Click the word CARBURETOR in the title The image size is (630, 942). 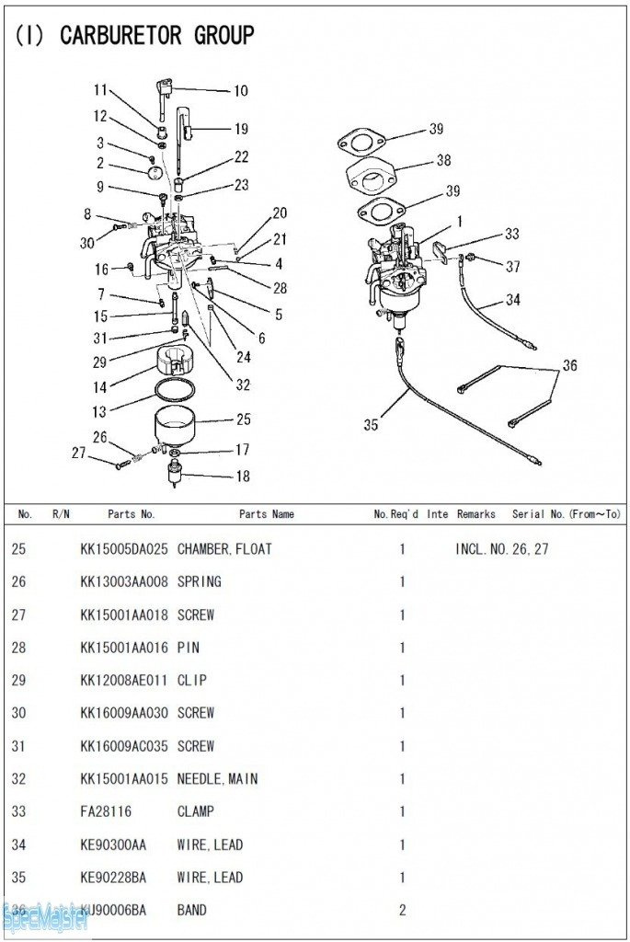coord(121,36)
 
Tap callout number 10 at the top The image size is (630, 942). coord(240,91)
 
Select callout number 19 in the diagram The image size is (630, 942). coord(241,129)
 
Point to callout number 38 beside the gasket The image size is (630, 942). coord(443,160)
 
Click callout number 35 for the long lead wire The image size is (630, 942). coord(371,425)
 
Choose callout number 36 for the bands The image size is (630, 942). coord(569,364)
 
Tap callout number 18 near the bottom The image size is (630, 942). coord(243,477)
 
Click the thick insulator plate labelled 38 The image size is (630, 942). coord(372,175)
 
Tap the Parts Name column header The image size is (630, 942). coord(267,514)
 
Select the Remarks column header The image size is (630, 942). coord(476,514)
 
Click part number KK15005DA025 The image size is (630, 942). coord(124,549)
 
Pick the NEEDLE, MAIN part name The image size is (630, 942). coord(217,779)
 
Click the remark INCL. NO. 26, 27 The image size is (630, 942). coord(502,549)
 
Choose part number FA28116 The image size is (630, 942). coord(106,811)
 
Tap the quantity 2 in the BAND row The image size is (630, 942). coord(403,910)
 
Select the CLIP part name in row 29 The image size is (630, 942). coord(192,681)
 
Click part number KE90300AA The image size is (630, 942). coord(113,844)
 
